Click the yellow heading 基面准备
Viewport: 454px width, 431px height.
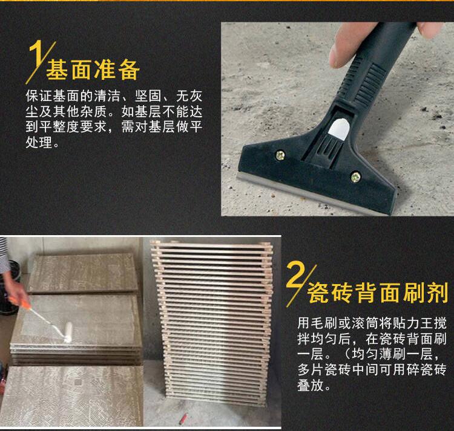[93, 70]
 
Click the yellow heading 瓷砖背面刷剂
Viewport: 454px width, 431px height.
[377, 293]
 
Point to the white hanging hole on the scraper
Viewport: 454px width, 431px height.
[339, 129]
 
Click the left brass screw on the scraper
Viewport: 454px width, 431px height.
[280, 155]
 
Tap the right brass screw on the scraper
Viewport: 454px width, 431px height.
[355, 177]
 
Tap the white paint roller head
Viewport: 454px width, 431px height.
[68, 332]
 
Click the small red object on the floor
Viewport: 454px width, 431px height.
[183, 418]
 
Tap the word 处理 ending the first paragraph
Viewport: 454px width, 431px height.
[39, 142]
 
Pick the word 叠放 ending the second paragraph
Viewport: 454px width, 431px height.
[311, 385]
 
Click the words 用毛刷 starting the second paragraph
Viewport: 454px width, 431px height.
[318, 323]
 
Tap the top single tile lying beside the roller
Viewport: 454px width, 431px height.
[84, 273]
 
